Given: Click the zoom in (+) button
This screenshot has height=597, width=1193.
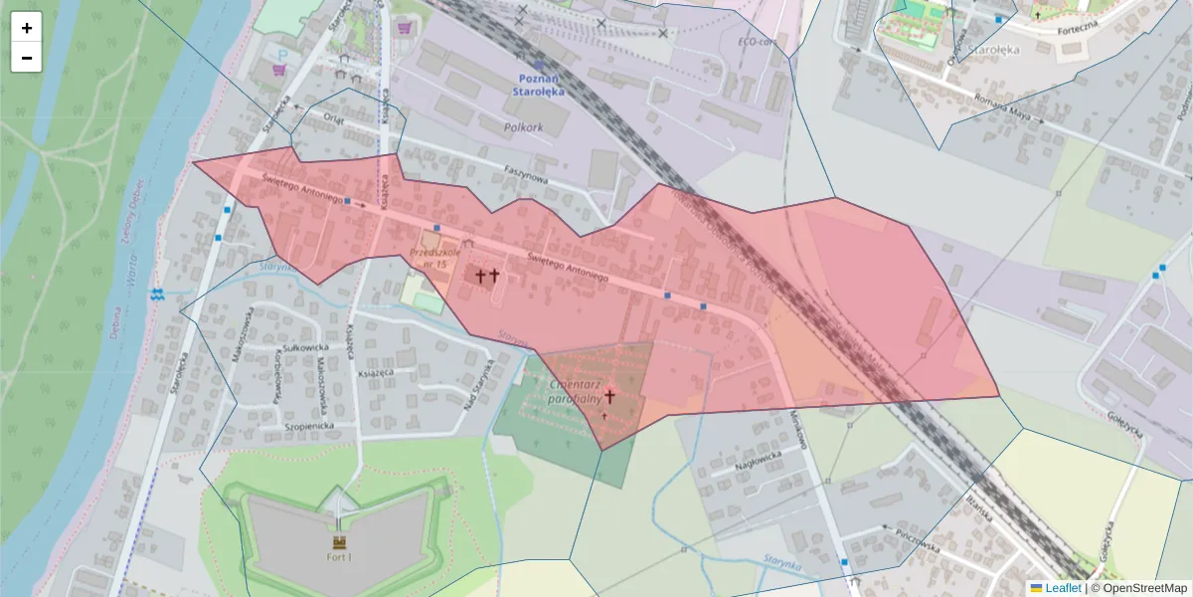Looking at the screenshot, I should coord(27,28).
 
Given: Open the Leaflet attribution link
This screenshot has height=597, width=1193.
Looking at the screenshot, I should coord(1062,588).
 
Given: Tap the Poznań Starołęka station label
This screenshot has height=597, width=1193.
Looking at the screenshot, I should coord(538,85).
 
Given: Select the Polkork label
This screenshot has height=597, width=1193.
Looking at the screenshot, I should coord(523,128).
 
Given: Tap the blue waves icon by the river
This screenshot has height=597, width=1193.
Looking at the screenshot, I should coord(157,295).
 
